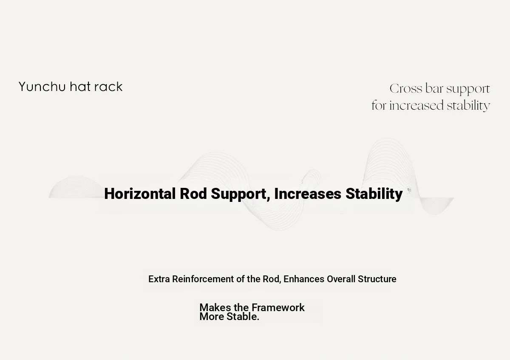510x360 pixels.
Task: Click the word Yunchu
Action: point(42,87)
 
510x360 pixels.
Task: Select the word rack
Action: point(109,87)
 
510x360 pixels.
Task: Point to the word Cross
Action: point(406,88)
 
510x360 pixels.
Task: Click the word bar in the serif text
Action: point(434,88)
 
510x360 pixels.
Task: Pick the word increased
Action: point(416,105)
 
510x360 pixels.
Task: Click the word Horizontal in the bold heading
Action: point(140,194)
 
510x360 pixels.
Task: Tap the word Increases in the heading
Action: point(308,194)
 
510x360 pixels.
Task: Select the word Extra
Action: point(159,279)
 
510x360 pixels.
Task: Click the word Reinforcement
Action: point(203,279)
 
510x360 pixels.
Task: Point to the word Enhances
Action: point(304,279)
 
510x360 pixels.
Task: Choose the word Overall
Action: point(341,279)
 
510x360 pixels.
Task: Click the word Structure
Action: point(377,279)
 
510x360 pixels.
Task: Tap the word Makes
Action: point(215,307)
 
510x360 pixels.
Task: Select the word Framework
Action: point(278,307)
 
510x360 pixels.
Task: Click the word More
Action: point(212,317)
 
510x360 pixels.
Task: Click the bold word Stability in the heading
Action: point(374,194)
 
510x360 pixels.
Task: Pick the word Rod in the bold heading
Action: point(193,194)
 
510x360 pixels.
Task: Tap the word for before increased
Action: point(379,105)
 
